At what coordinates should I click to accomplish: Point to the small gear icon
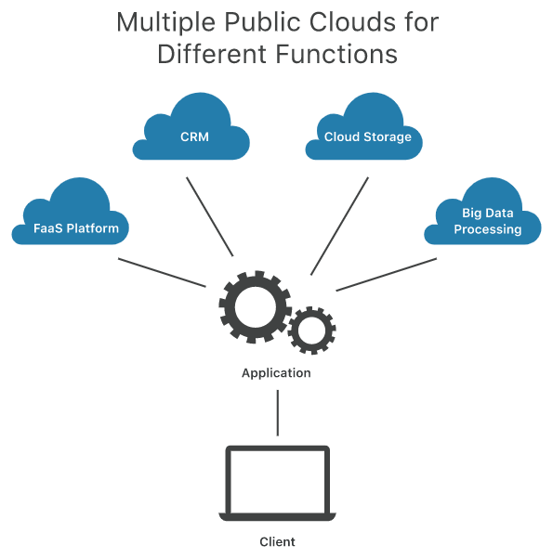(311, 330)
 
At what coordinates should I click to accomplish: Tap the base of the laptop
(278, 516)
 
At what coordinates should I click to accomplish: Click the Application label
(276, 373)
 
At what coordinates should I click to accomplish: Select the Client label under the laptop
(277, 541)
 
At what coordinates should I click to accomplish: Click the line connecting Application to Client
(278, 412)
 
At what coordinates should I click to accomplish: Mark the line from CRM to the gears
(209, 215)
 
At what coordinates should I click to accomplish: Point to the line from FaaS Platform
(162, 272)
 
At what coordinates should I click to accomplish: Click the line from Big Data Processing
(386, 275)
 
